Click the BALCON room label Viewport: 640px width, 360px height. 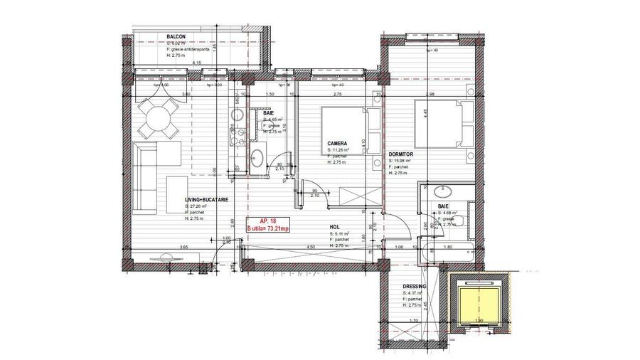tap(176, 36)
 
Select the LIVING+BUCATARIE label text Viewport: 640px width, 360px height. tap(207, 199)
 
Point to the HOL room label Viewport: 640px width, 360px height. tap(334, 228)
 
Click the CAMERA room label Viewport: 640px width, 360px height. tap(338, 143)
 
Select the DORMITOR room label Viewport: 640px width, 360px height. tap(402, 154)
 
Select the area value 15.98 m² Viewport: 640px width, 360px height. tap(402, 161)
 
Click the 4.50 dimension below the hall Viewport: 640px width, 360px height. tap(311, 247)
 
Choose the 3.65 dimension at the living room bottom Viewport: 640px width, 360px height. tap(183, 247)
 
